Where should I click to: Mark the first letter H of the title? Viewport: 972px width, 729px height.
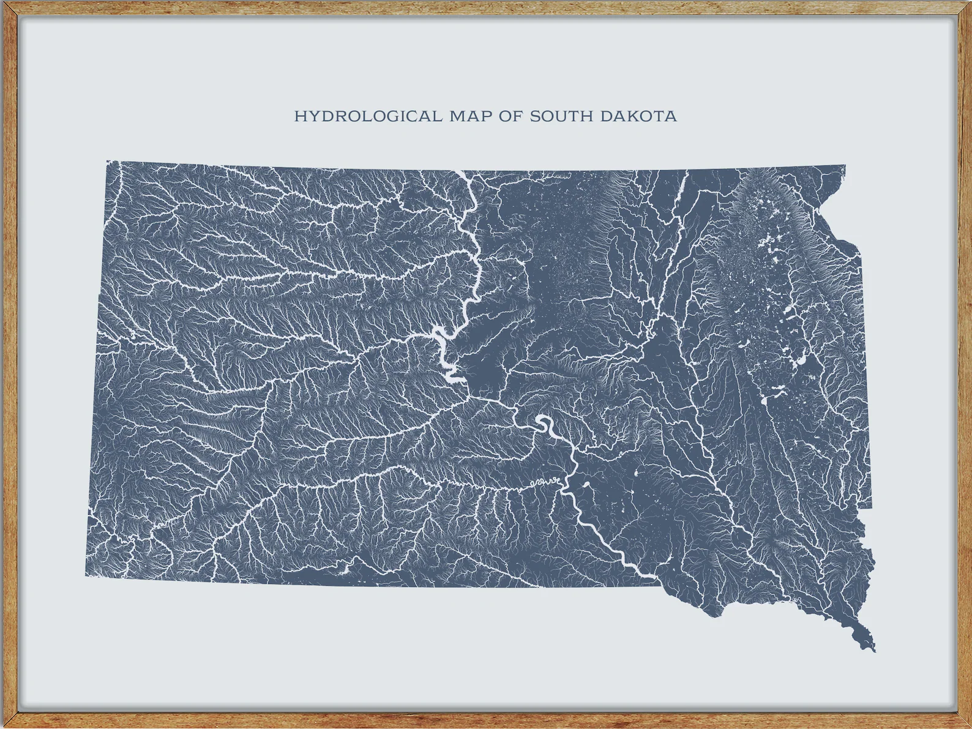[x=299, y=116]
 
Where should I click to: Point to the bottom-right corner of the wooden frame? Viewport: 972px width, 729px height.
[x=968, y=725]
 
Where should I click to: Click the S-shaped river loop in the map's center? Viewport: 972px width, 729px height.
[x=544, y=425]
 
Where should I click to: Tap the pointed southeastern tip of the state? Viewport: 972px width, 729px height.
[x=873, y=650]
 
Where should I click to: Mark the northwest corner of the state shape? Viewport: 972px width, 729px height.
[x=108, y=162]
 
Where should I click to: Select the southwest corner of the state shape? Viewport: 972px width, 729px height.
[x=86, y=575]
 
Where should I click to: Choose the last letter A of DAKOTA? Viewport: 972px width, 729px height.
[x=672, y=116]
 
